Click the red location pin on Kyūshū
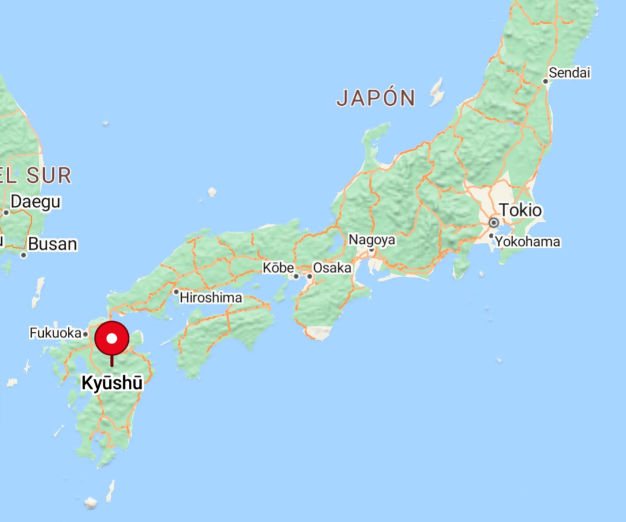click(x=112, y=339)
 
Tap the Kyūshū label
click(x=112, y=383)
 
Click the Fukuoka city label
click(x=55, y=333)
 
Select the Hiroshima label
click(x=211, y=298)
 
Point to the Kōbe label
click(x=278, y=268)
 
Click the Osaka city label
click(x=332, y=268)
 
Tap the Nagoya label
click(x=372, y=240)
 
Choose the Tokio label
click(x=520, y=210)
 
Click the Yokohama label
click(x=528, y=241)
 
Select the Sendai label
click(x=570, y=73)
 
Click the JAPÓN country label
click(x=376, y=98)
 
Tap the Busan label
click(x=52, y=244)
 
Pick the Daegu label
click(x=36, y=202)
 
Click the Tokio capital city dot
click(x=493, y=222)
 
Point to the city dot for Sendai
click(x=545, y=81)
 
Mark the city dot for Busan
click(x=24, y=255)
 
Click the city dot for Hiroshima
click(x=176, y=291)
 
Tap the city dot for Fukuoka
click(x=85, y=333)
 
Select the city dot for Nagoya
click(x=372, y=250)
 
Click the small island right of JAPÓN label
click(x=437, y=93)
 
